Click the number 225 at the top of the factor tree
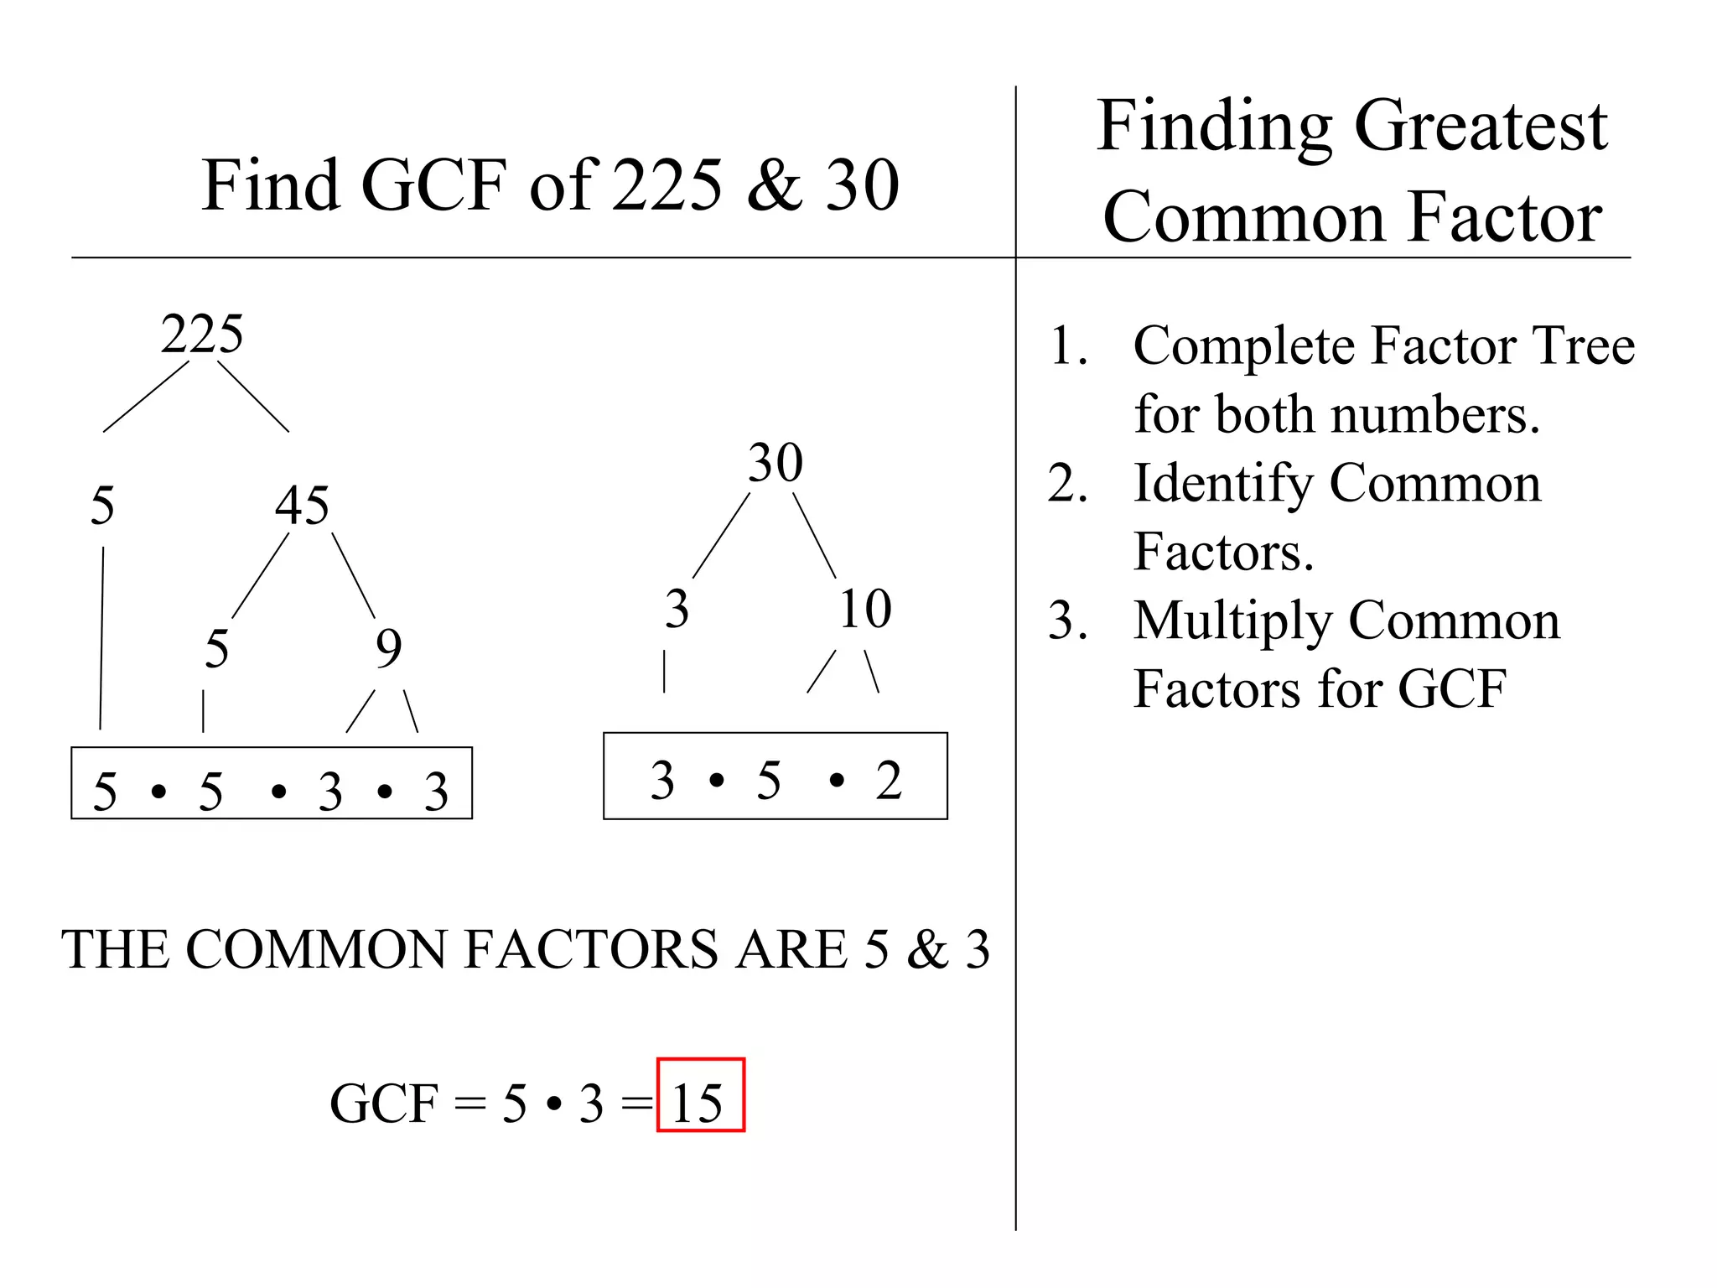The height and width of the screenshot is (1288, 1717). point(202,335)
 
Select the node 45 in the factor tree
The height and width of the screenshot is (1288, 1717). point(302,506)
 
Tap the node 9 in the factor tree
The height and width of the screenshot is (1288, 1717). point(388,648)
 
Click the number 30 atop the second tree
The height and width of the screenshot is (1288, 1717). point(776,462)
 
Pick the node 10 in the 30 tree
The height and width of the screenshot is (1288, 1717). point(865,609)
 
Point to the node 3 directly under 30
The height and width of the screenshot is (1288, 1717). point(677,609)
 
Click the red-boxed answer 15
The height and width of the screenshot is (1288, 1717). point(698,1103)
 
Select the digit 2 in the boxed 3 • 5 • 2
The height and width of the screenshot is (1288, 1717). point(889,781)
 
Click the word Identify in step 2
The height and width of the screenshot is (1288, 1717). point(1223,484)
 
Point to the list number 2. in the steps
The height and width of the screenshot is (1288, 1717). point(1067,484)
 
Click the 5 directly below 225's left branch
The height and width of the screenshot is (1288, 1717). point(102,506)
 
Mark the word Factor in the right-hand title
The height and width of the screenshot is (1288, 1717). point(1505,217)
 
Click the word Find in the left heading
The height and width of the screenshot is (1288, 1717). point(270,185)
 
